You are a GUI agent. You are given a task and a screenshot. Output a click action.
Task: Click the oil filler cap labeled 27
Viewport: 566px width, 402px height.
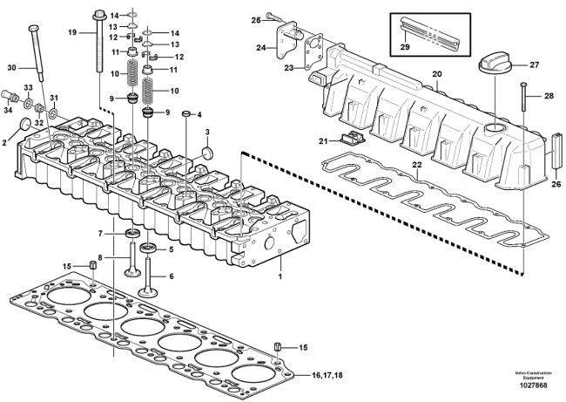pyautogui.click(x=493, y=66)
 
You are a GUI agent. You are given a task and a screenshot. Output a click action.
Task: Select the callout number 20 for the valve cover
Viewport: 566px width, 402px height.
pyautogui.click(x=437, y=74)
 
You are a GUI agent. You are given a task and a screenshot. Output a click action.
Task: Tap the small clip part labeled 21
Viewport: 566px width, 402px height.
pyautogui.click(x=351, y=138)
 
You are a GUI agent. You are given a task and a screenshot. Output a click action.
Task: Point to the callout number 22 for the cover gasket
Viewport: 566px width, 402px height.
pyautogui.click(x=417, y=165)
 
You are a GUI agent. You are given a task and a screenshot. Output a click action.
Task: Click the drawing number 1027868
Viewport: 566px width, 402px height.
pyautogui.click(x=533, y=385)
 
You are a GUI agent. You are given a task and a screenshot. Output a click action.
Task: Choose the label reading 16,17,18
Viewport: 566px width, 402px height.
pyautogui.click(x=327, y=375)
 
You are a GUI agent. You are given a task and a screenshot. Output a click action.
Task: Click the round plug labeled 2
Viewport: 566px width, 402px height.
pyautogui.click(x=25, y=124)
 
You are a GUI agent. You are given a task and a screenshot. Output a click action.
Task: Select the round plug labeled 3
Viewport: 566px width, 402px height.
pyautogui.click(x=208, y=153)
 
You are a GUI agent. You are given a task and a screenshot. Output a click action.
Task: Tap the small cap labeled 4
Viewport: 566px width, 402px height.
pyautogui.click(x=186, y=114)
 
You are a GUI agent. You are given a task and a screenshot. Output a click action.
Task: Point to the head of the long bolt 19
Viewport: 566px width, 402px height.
pyautogui.click(x=98, y=16)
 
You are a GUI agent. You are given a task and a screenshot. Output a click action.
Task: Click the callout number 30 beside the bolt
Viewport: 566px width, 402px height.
pyautogui.click(x=11, y=68)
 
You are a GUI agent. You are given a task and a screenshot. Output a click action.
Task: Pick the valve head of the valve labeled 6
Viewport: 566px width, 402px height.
pyautogui.click(x=148, y=292)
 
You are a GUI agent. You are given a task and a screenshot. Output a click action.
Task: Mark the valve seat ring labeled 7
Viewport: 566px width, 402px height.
pyautogui.click(x=132, y=234)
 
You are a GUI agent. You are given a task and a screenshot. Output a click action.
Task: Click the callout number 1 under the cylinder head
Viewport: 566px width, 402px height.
pyautogui.click(x=280, y=276)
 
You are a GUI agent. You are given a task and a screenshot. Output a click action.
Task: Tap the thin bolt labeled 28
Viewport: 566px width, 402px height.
pyautogui.click(x=524, y=97)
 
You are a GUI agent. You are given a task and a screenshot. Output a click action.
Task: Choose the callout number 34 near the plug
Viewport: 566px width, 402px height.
pyautogui.click(x=8, y=110)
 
